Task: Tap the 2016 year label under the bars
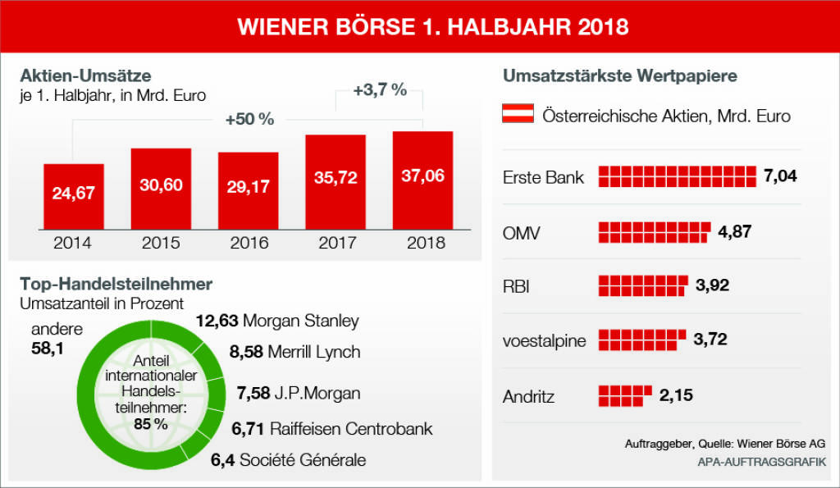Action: click(248, 243)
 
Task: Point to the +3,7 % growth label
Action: click(380, 91)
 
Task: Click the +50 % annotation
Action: click(249, 120)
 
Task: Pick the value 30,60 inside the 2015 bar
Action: click(161, 185)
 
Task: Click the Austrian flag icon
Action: click(518, 115)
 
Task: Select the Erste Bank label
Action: click(543, 177)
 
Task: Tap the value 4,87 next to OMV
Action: click(734, 231)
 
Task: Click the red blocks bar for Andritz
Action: click(625, 395)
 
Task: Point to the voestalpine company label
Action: click(544, 341)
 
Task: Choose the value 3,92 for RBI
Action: click(712, 285)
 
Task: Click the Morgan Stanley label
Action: click(301, 321)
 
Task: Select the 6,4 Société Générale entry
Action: click(288, 460)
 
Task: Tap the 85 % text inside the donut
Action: click(150, 424)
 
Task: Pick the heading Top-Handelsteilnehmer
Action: click(116, 285)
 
